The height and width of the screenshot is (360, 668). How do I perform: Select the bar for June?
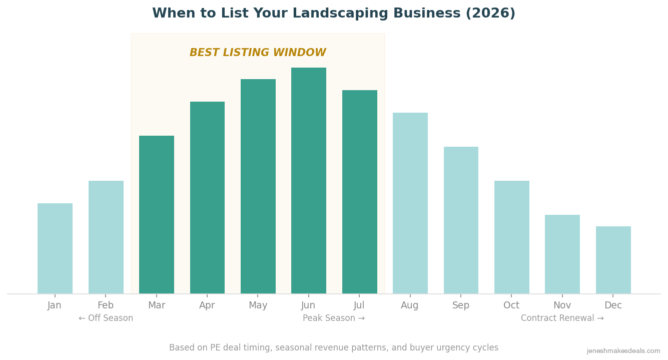point(309,180)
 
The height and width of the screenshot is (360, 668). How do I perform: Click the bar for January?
point(55,248)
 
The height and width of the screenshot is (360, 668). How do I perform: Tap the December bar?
point(613,260)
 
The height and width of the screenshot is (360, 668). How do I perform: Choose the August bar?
point(410,203)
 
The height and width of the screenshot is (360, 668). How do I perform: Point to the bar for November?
point(562,254)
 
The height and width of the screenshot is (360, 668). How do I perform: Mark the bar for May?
point(258,186)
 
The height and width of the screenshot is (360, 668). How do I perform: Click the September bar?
point(461,220)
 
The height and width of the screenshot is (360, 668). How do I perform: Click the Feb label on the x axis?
point(106,305)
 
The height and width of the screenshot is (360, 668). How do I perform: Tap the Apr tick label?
point(207,305)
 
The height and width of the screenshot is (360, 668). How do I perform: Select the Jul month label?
point(359,305)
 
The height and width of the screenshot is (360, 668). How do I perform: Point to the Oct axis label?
point(511,305)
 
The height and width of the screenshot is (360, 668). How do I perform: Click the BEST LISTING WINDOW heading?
point(258,53)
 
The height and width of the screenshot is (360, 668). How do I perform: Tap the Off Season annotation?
point(106,318)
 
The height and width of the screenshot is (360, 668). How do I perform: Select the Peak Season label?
point(334,318)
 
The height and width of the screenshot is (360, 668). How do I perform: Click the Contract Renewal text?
point(562,318)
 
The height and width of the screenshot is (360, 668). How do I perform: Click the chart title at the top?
point(334,14)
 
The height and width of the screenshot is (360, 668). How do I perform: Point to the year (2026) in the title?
point(490,14)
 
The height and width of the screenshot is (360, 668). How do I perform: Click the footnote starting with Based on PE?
point(334,347)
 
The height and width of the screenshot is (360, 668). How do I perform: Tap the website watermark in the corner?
point(623,351)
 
